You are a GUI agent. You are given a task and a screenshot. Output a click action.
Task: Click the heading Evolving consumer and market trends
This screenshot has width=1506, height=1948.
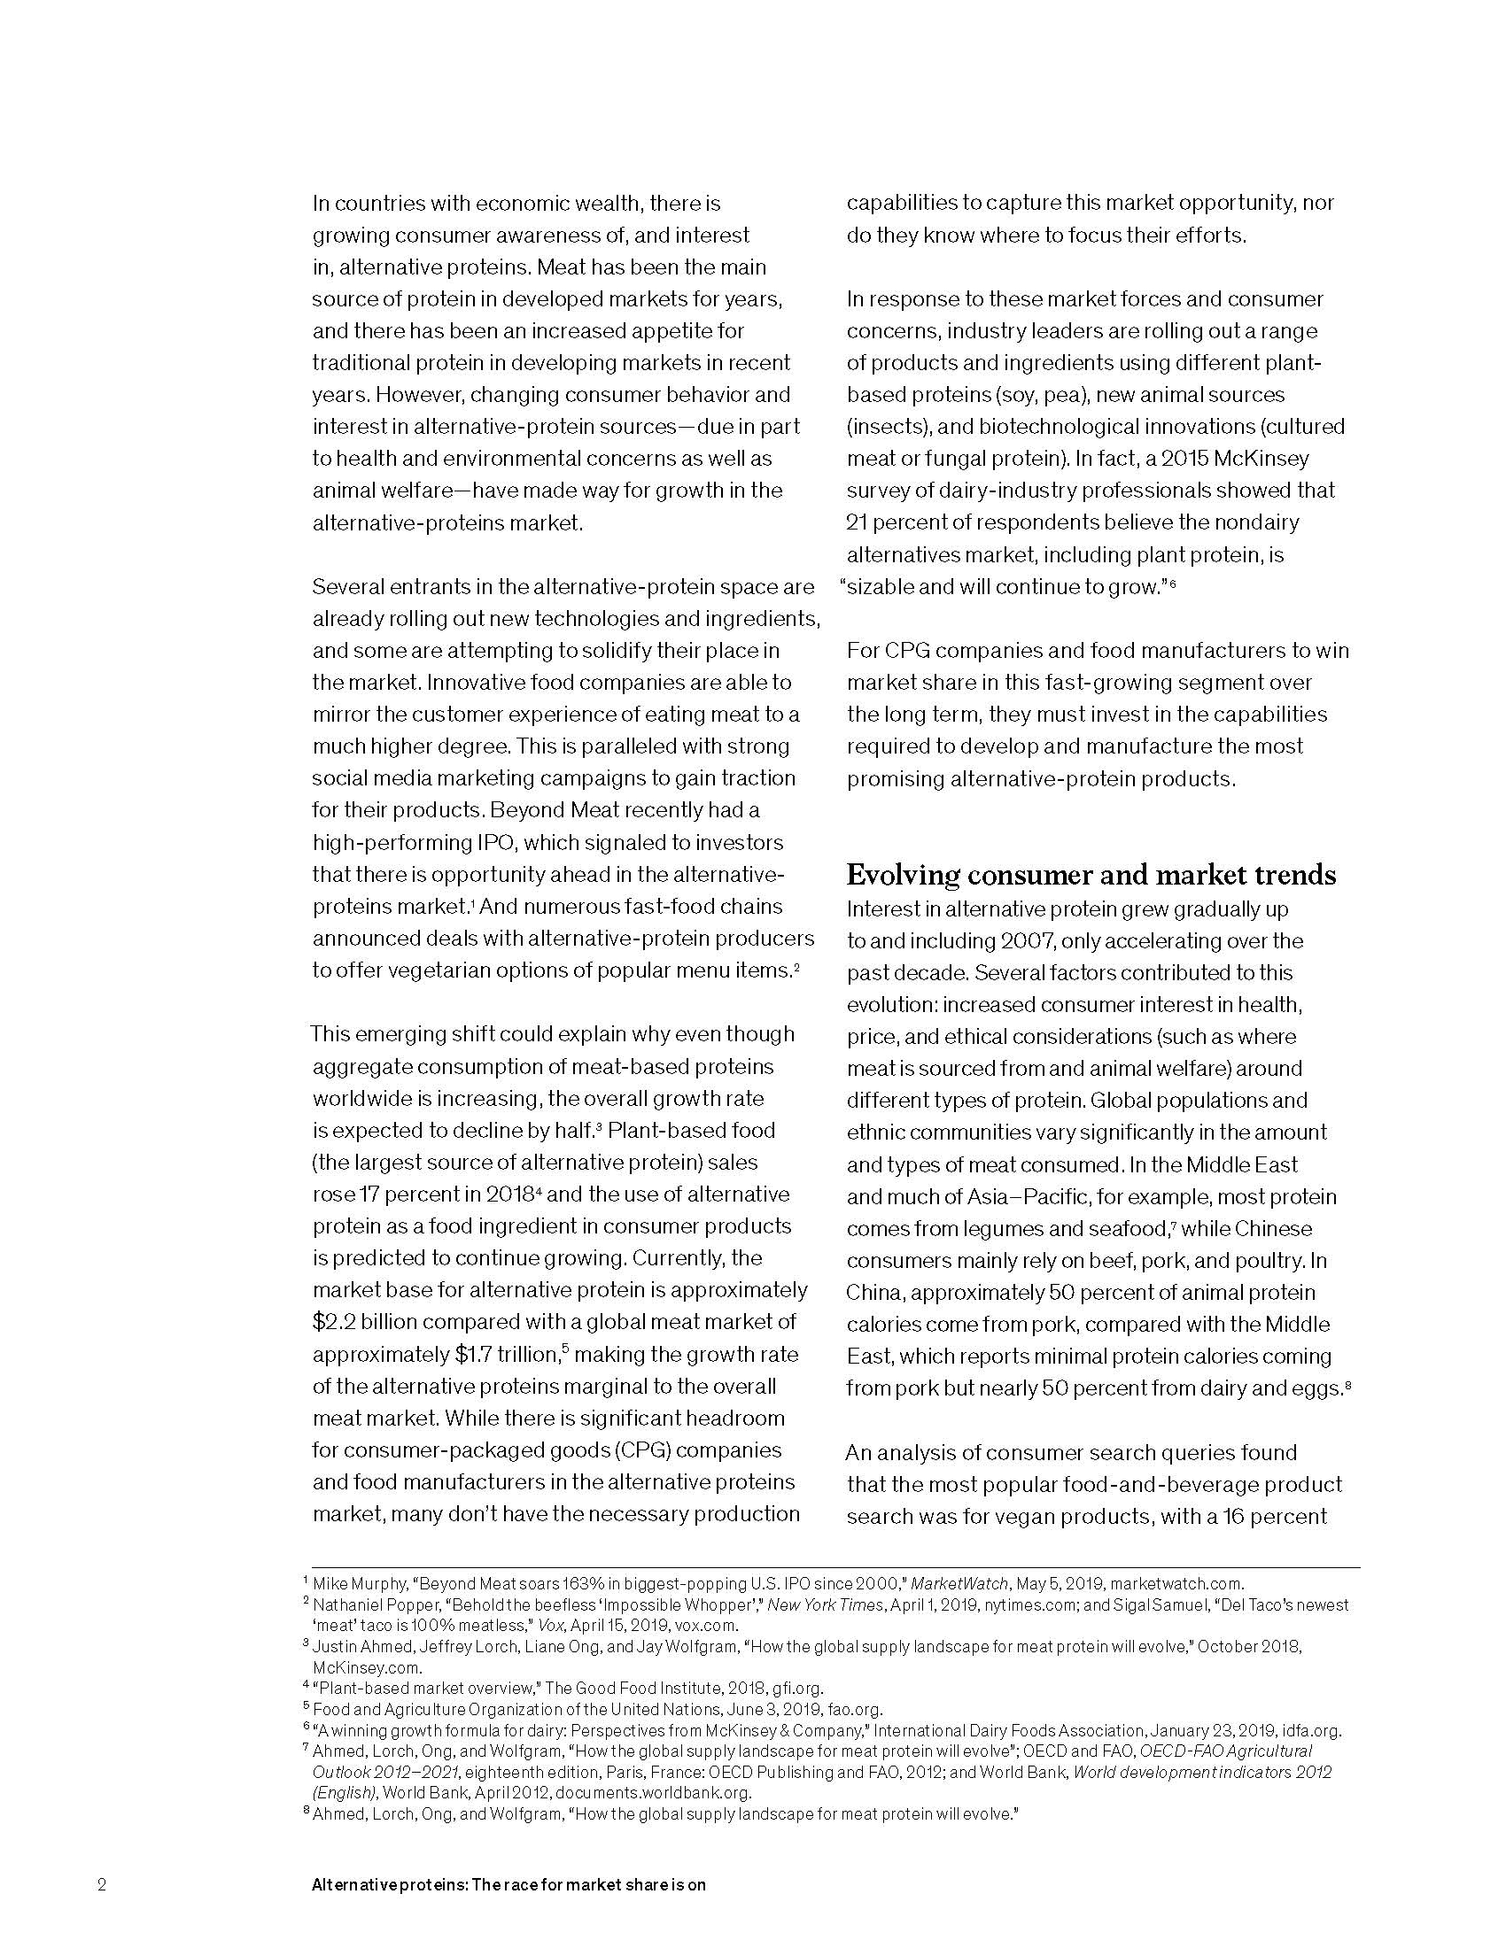point(1091,875)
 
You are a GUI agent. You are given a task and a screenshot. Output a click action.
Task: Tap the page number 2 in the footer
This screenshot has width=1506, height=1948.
point(102,1884)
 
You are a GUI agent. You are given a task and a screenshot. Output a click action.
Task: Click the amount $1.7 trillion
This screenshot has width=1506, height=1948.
point(507,1354)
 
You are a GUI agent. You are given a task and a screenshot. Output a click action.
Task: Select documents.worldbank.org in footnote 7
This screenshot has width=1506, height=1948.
point(653,1793)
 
